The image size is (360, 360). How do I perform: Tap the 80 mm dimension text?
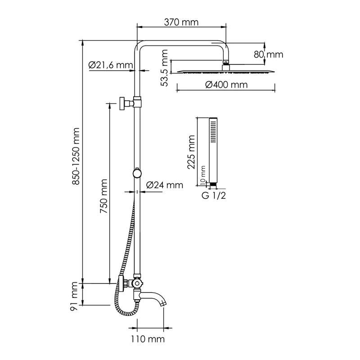(x=268, y=55)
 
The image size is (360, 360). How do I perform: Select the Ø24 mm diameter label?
(x=165, y=185)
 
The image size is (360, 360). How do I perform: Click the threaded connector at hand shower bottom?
(x=213, y=184)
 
